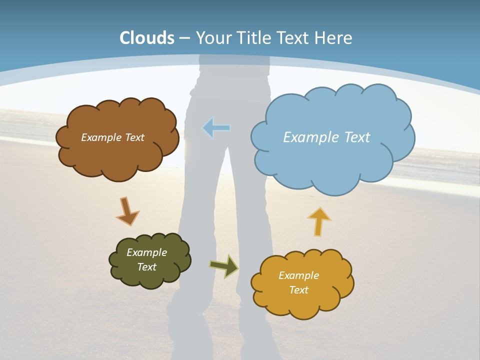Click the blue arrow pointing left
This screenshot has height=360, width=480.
point(216,128)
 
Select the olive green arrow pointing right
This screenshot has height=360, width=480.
point(224,265)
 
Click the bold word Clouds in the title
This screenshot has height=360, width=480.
point(147,38)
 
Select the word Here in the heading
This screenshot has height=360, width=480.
point(333,38)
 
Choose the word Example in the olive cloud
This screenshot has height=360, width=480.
point(146,252)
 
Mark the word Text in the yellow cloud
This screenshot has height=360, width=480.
point(298,290)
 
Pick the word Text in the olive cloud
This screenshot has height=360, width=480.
point(146,267)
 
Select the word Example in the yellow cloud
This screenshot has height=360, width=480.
point(298,275)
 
